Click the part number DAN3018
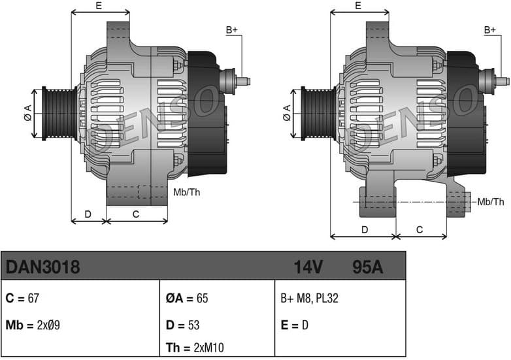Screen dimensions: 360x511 coord(43,267)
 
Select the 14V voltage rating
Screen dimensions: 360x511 coord(309,267)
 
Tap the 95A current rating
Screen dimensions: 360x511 coord(367,267)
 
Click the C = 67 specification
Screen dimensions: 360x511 coord(23,299)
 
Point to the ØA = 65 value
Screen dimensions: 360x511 coord(187,299)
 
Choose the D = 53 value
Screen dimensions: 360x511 coord(183,325)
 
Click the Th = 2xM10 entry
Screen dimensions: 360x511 coord(195,347)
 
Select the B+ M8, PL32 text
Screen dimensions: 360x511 coord(309,299)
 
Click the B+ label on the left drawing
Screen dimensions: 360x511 coord(232,29)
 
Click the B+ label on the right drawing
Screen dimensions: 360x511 coord(490,29)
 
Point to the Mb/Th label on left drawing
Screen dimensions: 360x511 coord(186,192)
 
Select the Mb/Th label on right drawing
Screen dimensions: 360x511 coord(491,202)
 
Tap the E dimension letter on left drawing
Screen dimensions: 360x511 coord(99,5)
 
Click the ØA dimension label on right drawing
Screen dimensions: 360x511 coord(287,113)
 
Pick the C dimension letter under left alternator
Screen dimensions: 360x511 coord(136,214)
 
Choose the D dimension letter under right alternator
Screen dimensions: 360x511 coord(365,229)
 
